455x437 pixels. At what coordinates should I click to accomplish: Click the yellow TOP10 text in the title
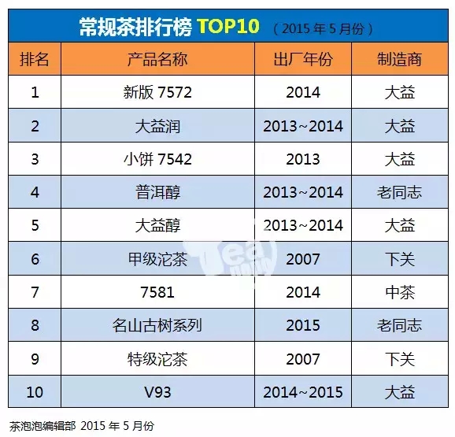tap(228, 26)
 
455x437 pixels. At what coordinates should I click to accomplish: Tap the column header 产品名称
tap(157, 59)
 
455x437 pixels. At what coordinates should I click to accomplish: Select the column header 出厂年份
tap(303, 59)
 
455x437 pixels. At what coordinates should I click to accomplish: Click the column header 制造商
tap(399, 59)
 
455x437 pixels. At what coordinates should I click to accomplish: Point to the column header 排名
tap(34, 59)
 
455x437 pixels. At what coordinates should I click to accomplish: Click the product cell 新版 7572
tap(157, 92)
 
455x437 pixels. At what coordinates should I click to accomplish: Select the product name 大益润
tap(157, 126)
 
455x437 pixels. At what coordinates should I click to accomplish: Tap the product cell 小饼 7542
tap(157, 159)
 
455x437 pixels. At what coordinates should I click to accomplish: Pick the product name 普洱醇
tap(157, 192)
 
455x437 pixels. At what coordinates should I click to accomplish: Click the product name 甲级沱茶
tap(157, 259)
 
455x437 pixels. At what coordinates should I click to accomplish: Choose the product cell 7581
tap(157, 292)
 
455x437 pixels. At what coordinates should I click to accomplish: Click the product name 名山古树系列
tap(157, 325)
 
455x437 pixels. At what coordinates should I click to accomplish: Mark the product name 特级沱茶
tap(157, 359)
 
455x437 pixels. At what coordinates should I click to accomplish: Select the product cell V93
tap(157, 392)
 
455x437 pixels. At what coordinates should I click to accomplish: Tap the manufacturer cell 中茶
tap(400, 292)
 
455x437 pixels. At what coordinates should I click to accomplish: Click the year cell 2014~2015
tap(303, 392)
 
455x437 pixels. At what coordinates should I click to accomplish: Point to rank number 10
tap(35, 392)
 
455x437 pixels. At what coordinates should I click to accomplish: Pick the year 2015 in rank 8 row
tap(303, 325)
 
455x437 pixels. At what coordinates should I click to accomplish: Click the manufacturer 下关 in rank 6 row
tap(400, 259)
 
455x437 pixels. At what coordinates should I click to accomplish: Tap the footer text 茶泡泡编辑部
tap(43, 426)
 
